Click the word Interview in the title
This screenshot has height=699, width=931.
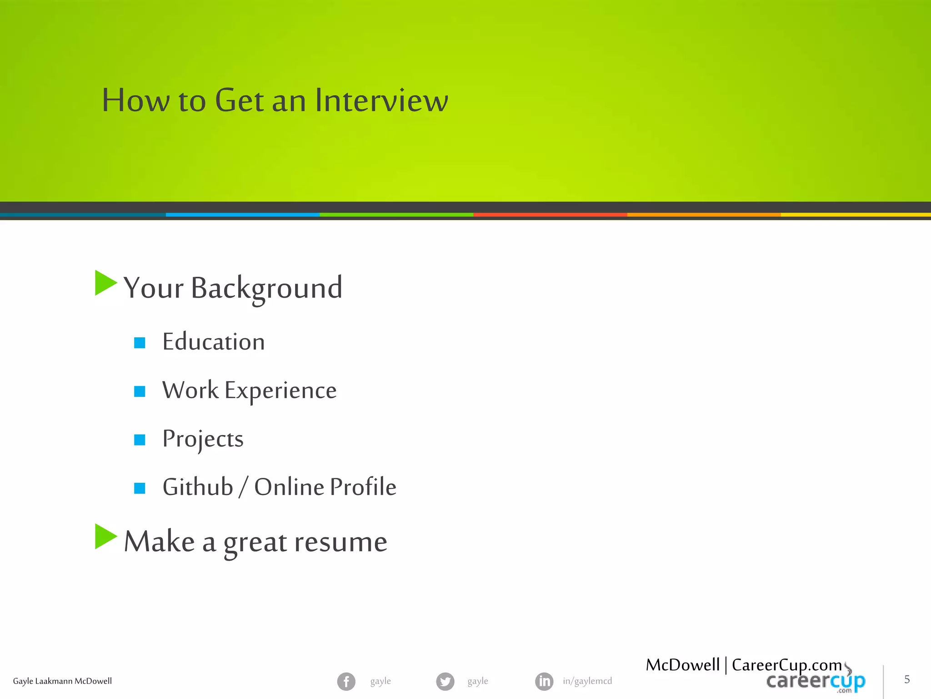click(381, 100)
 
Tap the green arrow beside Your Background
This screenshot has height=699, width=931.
click(105, 283)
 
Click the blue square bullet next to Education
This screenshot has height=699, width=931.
click(140, 343)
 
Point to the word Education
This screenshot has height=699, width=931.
click(214, 342)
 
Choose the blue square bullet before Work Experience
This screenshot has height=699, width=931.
click(140, 391)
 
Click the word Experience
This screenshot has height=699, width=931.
click(280, 391)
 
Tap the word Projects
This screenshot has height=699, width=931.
click(203, 439)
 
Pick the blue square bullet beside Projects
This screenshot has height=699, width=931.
click(140, 440)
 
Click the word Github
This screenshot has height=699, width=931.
click(198, 487)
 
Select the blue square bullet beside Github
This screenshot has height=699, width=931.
click(140, 488)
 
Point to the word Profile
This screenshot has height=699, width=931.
click(363, 487)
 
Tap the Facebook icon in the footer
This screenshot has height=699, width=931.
click(346, 681)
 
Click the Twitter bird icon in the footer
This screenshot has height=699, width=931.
click(445, 681)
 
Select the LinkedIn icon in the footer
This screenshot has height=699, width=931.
click(544, 681)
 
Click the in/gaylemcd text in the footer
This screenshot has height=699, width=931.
click(587, 681)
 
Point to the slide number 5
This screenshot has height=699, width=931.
click(907, 679)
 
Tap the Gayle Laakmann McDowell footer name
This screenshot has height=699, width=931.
click(62, 681)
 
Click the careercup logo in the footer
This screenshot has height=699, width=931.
click(816, 682)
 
